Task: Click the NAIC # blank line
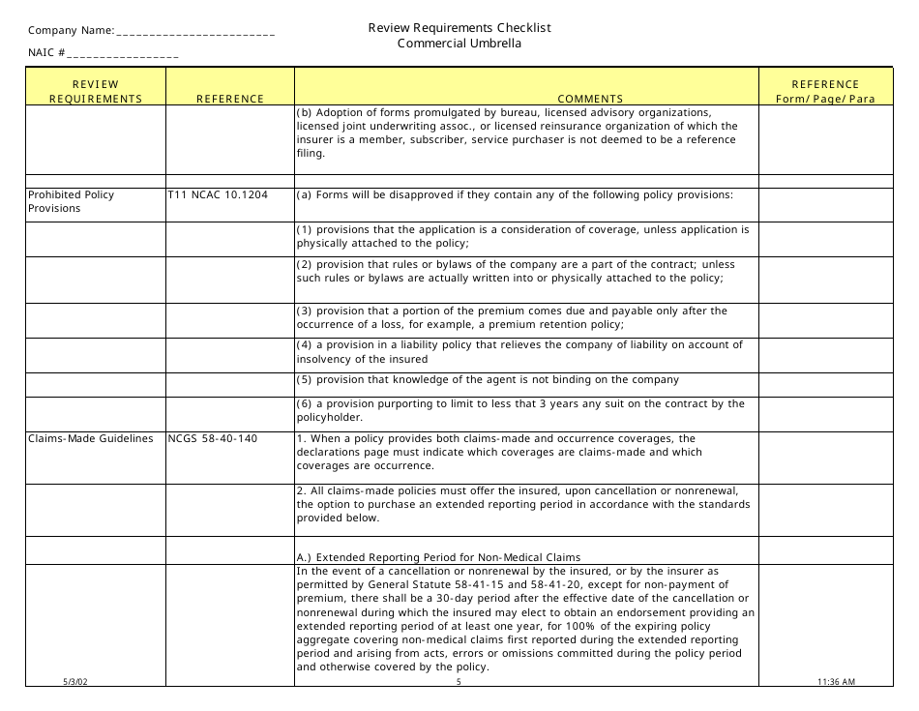coord(123,54)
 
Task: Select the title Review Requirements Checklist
coord(459,28)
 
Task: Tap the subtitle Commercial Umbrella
coord(459,44)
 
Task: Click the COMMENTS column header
coord(590,99)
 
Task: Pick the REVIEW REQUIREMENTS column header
coord(95,92)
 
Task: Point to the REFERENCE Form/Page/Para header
coord(825,92)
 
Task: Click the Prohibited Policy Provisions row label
coord(71,201)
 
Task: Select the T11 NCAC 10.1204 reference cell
coord(218,194)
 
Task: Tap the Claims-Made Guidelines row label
coord(91,438)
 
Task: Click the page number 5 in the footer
coord(459,682)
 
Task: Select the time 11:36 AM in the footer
coord(836,682)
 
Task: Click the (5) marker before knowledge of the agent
coord(305,379)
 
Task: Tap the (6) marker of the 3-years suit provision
coord(305,403)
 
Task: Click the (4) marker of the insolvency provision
coord(305,345)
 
